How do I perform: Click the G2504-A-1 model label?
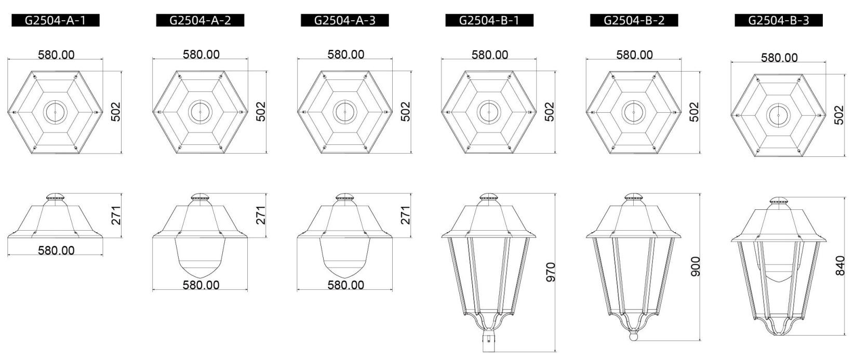pos(55,20)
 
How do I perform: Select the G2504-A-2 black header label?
pos(200,20)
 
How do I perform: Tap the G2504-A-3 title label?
pos(344,20)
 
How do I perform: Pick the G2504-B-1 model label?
pos(489,20)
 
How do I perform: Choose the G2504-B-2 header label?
pos(634,20)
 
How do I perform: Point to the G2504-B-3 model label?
pos(779,20)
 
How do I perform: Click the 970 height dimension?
pos(551,272)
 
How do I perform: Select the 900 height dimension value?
pos(696,266)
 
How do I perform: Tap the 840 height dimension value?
pos(840,265)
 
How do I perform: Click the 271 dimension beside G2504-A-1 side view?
pos(116,215)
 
